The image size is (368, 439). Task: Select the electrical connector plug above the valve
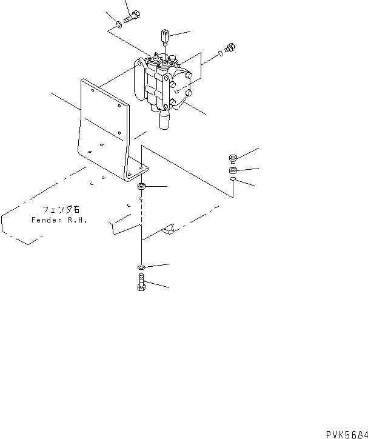pyautogui.click(x=165, y=37)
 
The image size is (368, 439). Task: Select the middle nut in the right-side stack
pyautogui.click(x=233, y=170)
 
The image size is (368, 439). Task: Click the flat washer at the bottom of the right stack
pyautogui.click(x=233, y=181)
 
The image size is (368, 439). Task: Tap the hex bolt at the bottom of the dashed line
pyautogui.click(x=141, y=283)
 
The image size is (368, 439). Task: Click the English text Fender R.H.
pyautogui.click(x=59, y=220)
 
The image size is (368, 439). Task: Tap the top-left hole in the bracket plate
pyautogui.click(x=92, y=90)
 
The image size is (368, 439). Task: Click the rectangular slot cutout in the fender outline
pyautogui.click(x=169, y=229)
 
